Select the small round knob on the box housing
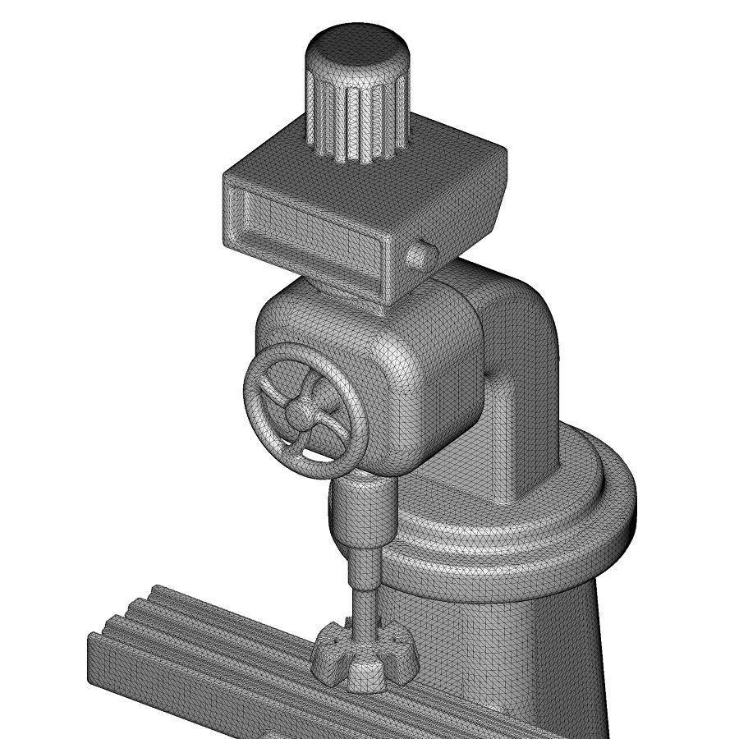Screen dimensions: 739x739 (418, 255)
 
